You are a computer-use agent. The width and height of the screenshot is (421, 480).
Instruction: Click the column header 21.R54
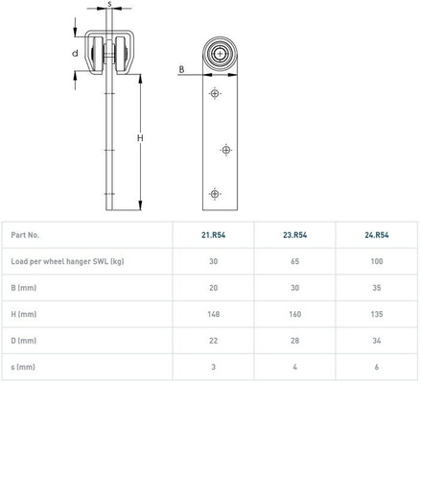coord(213,235)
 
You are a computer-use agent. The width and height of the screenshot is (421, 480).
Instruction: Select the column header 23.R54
coord(294,235)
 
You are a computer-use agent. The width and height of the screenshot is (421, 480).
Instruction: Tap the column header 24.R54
coord(377,235)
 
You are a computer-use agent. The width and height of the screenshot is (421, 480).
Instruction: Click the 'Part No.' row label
coord(25,235)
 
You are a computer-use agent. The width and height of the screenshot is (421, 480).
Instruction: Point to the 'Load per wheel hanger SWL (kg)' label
coord(67,261)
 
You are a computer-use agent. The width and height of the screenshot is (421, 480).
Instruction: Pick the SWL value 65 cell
coord(294,261)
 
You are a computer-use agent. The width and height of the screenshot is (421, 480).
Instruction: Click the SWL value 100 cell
coord(377,261)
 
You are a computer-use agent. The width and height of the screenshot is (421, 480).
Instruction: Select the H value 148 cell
coord(213,314)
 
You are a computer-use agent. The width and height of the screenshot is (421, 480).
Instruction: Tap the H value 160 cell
coord(294,314)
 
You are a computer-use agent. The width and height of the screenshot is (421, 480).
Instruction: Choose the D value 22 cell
coord(213,341)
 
